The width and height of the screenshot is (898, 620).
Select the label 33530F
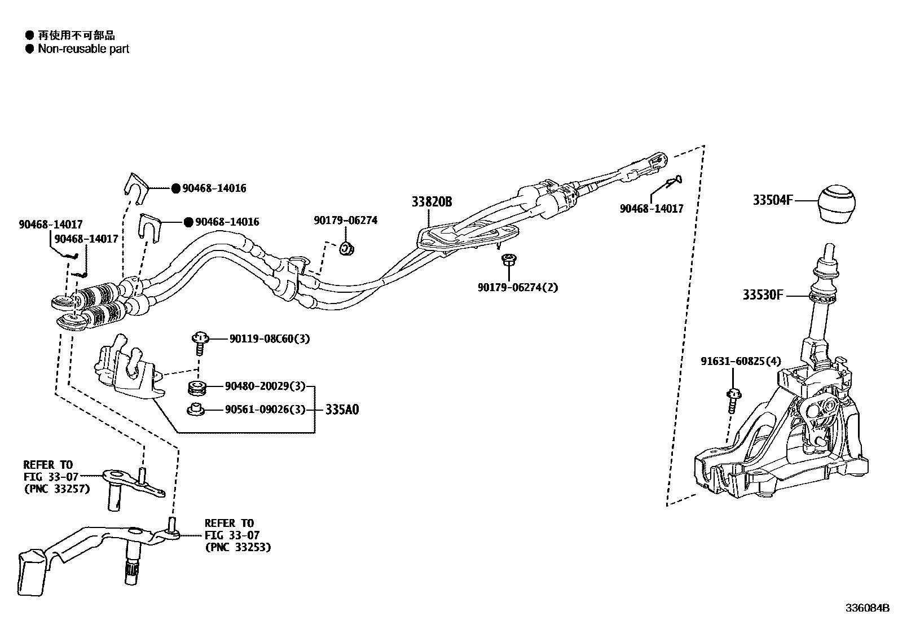click(763, 295)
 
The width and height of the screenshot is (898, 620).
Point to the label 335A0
click(342, 410)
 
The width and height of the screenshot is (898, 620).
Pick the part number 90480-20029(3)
click(265, 386)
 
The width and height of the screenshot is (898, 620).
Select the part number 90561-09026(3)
click(265, 410)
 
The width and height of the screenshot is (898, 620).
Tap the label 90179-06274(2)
click(517, 287)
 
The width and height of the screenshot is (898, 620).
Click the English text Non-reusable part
click(83, 49)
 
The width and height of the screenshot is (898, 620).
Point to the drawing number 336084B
click(866, 608)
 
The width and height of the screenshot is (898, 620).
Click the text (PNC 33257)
click(56, 489)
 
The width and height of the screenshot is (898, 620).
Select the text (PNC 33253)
click(237, 547)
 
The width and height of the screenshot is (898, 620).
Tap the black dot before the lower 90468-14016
click(189, 222)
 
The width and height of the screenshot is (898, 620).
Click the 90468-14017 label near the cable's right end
click(652, 209)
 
